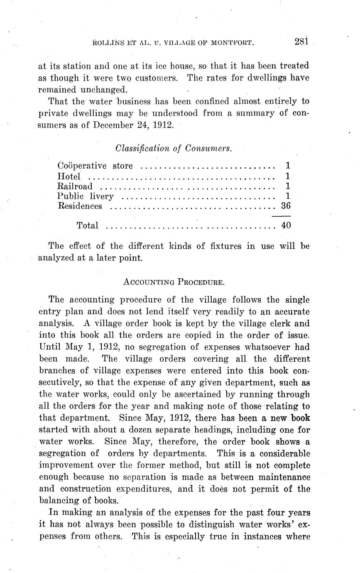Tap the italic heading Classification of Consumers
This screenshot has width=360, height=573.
pos(174,148)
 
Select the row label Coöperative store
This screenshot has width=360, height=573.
pos(95,166)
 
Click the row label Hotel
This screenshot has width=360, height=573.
pos(69,176)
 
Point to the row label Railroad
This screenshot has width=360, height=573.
pos(75,186)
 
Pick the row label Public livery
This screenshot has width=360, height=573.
pos(85,196)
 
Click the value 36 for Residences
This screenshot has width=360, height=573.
pos(286,206)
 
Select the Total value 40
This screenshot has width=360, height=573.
pos(286,225)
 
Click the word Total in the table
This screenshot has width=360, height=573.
pos(88,225)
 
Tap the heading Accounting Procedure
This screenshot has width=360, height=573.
pos(174,282)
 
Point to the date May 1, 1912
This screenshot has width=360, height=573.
pos(84,347)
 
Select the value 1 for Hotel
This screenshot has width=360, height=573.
pos(287,176)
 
